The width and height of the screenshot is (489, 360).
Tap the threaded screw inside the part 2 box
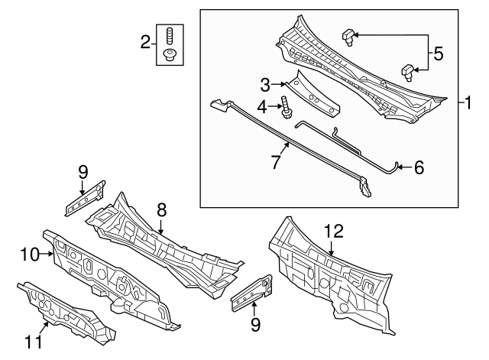coord(170,35)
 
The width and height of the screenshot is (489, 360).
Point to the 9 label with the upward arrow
coord(255,325)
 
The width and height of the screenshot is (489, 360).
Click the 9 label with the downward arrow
coord(83,172)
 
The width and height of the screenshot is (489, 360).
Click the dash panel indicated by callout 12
coord(329,275)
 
